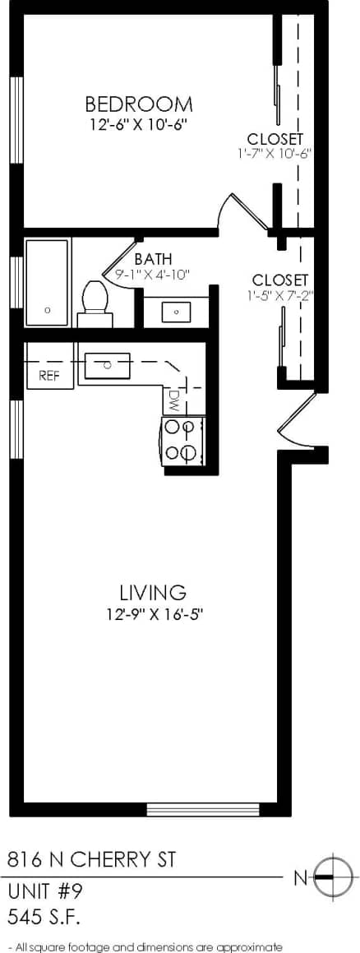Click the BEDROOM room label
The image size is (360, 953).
tap(139, 104)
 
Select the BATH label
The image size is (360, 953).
tap(153, 259)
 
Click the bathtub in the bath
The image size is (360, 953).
tap(47, 282)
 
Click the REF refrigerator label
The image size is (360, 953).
tap(50, 376)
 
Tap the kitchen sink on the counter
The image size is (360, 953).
tap(107, 363)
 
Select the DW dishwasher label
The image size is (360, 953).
tap(173, 400)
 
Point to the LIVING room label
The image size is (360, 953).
tap(153, 592)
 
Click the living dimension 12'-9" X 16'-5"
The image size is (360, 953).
tap(154, 613)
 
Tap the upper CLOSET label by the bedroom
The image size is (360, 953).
tap(275, 138)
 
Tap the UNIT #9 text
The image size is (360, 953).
tap(45, 891)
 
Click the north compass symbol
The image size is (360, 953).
tap(333, 877)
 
